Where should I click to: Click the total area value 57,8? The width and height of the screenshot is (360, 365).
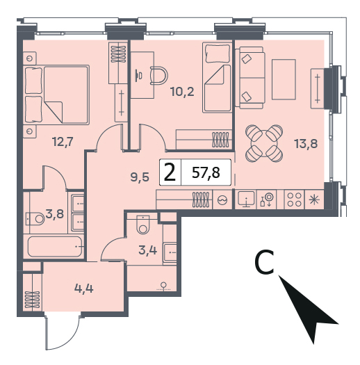point(206,172)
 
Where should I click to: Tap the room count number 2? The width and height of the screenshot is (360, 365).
point(170,172)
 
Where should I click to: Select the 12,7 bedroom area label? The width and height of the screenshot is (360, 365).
point(63,141)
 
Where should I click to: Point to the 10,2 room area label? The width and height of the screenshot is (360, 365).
point(182,92)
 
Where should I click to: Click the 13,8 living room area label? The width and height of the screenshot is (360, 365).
point(306,143)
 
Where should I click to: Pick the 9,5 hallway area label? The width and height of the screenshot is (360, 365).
point(140,178)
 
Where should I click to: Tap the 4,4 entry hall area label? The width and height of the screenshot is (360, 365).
point(84,289)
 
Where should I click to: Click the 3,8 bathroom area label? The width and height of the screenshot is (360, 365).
point(54,213)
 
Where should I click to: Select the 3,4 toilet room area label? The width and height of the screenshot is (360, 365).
point(148,250)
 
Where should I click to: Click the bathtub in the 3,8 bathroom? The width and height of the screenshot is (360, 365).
point(55,246)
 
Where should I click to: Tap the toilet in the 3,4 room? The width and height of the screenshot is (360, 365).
point(143,225)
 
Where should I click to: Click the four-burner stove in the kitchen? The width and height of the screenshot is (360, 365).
point(295,200)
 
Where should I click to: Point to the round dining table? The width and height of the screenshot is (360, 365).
point(264,143)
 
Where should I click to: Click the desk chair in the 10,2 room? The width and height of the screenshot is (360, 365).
point(159,75)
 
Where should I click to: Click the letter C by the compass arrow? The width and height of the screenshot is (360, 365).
point(264,262)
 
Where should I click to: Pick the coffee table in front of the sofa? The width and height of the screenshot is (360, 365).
point(284,79)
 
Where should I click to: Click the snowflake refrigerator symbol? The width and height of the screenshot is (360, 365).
point(314,200)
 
